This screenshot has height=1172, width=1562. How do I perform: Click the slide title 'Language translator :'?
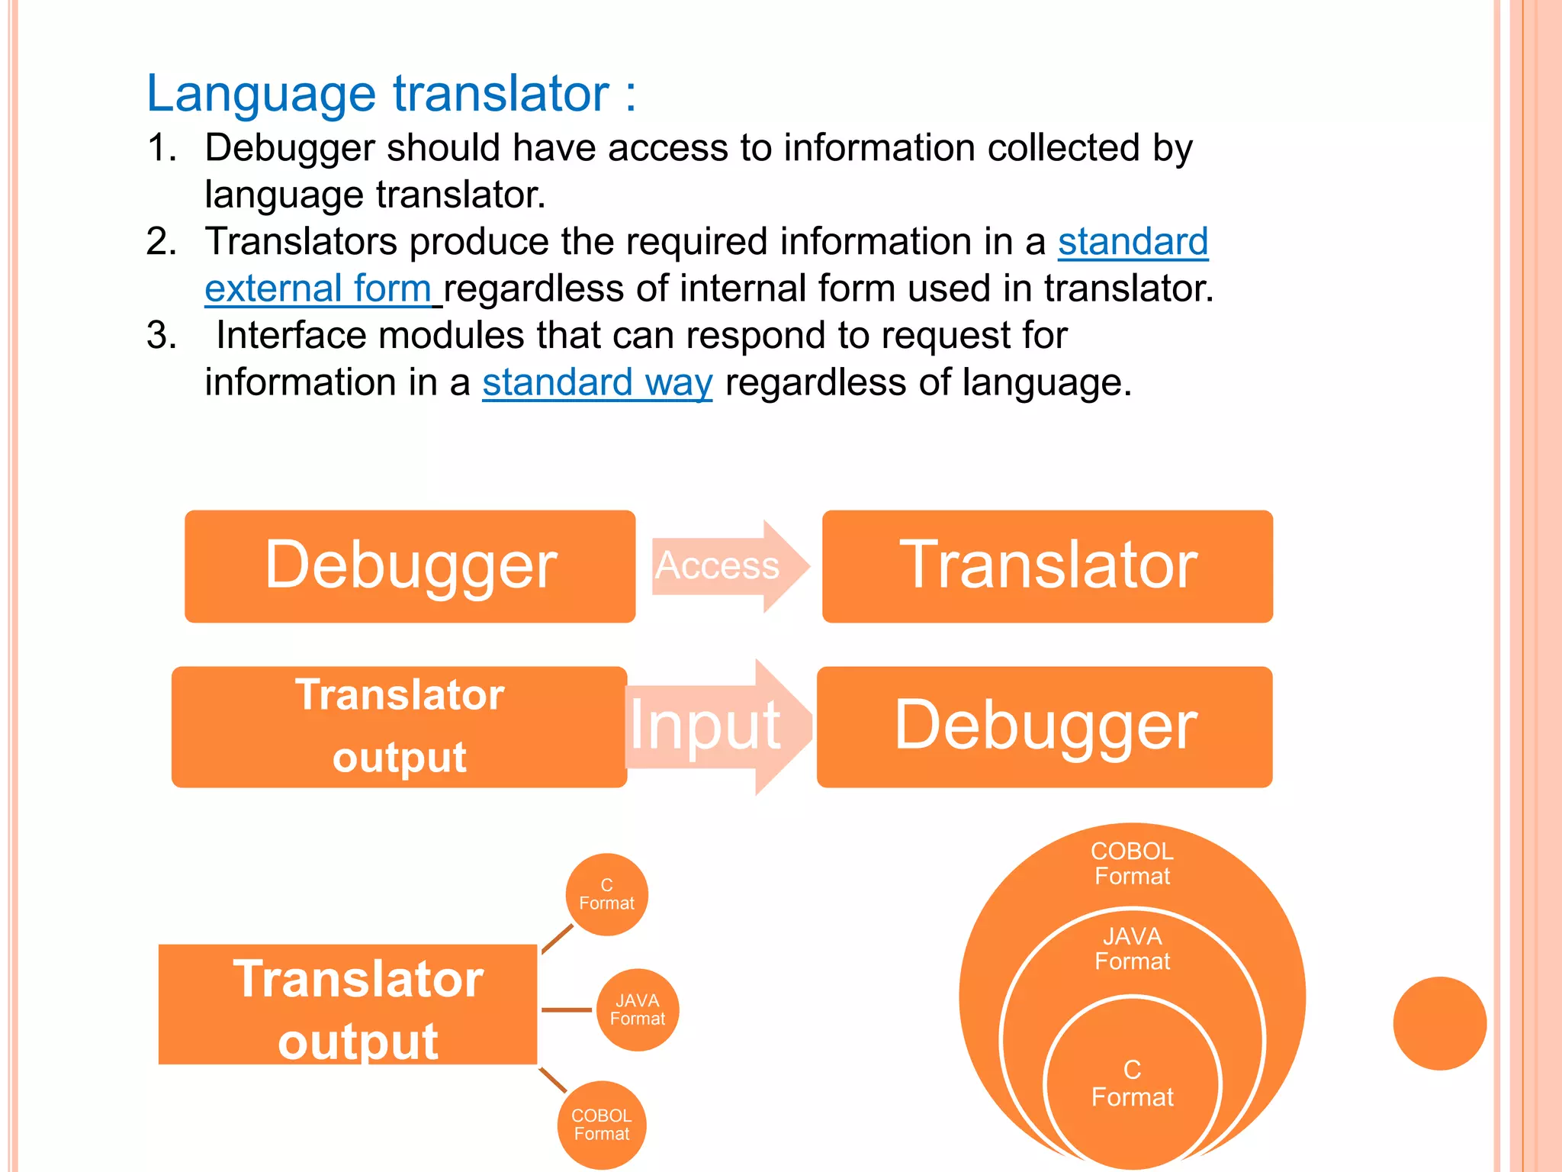(390, 93)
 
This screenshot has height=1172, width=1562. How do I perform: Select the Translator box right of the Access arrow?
(1047, 566)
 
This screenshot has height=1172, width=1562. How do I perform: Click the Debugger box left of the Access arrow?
(410, 566)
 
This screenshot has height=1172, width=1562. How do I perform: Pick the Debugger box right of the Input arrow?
(1044, 726)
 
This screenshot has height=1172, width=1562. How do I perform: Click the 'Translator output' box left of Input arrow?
(399, 726)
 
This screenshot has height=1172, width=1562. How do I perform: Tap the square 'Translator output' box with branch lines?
(348, 1004)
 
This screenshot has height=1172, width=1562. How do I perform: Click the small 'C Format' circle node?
(606, 894)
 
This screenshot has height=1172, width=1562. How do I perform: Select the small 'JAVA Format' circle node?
(637, 1009)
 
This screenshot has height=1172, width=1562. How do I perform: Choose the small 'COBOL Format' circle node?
(602, 1125)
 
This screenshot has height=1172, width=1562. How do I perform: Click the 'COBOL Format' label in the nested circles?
(1132, 864)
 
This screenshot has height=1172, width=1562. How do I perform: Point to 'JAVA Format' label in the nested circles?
(1132, 949)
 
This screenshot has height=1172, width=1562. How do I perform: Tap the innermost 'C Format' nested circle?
(1132, 1083)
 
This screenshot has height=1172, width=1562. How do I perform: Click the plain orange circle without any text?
(1439, 1023)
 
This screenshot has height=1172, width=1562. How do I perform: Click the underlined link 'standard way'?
(597, 382)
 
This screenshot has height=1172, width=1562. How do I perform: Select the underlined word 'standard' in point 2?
(1133, 242)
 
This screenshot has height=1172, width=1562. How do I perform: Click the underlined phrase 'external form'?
(318, 289)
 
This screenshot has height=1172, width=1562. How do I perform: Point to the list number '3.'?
(161, 336)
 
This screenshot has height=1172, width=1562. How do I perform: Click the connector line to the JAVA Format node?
(566, 1009)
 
